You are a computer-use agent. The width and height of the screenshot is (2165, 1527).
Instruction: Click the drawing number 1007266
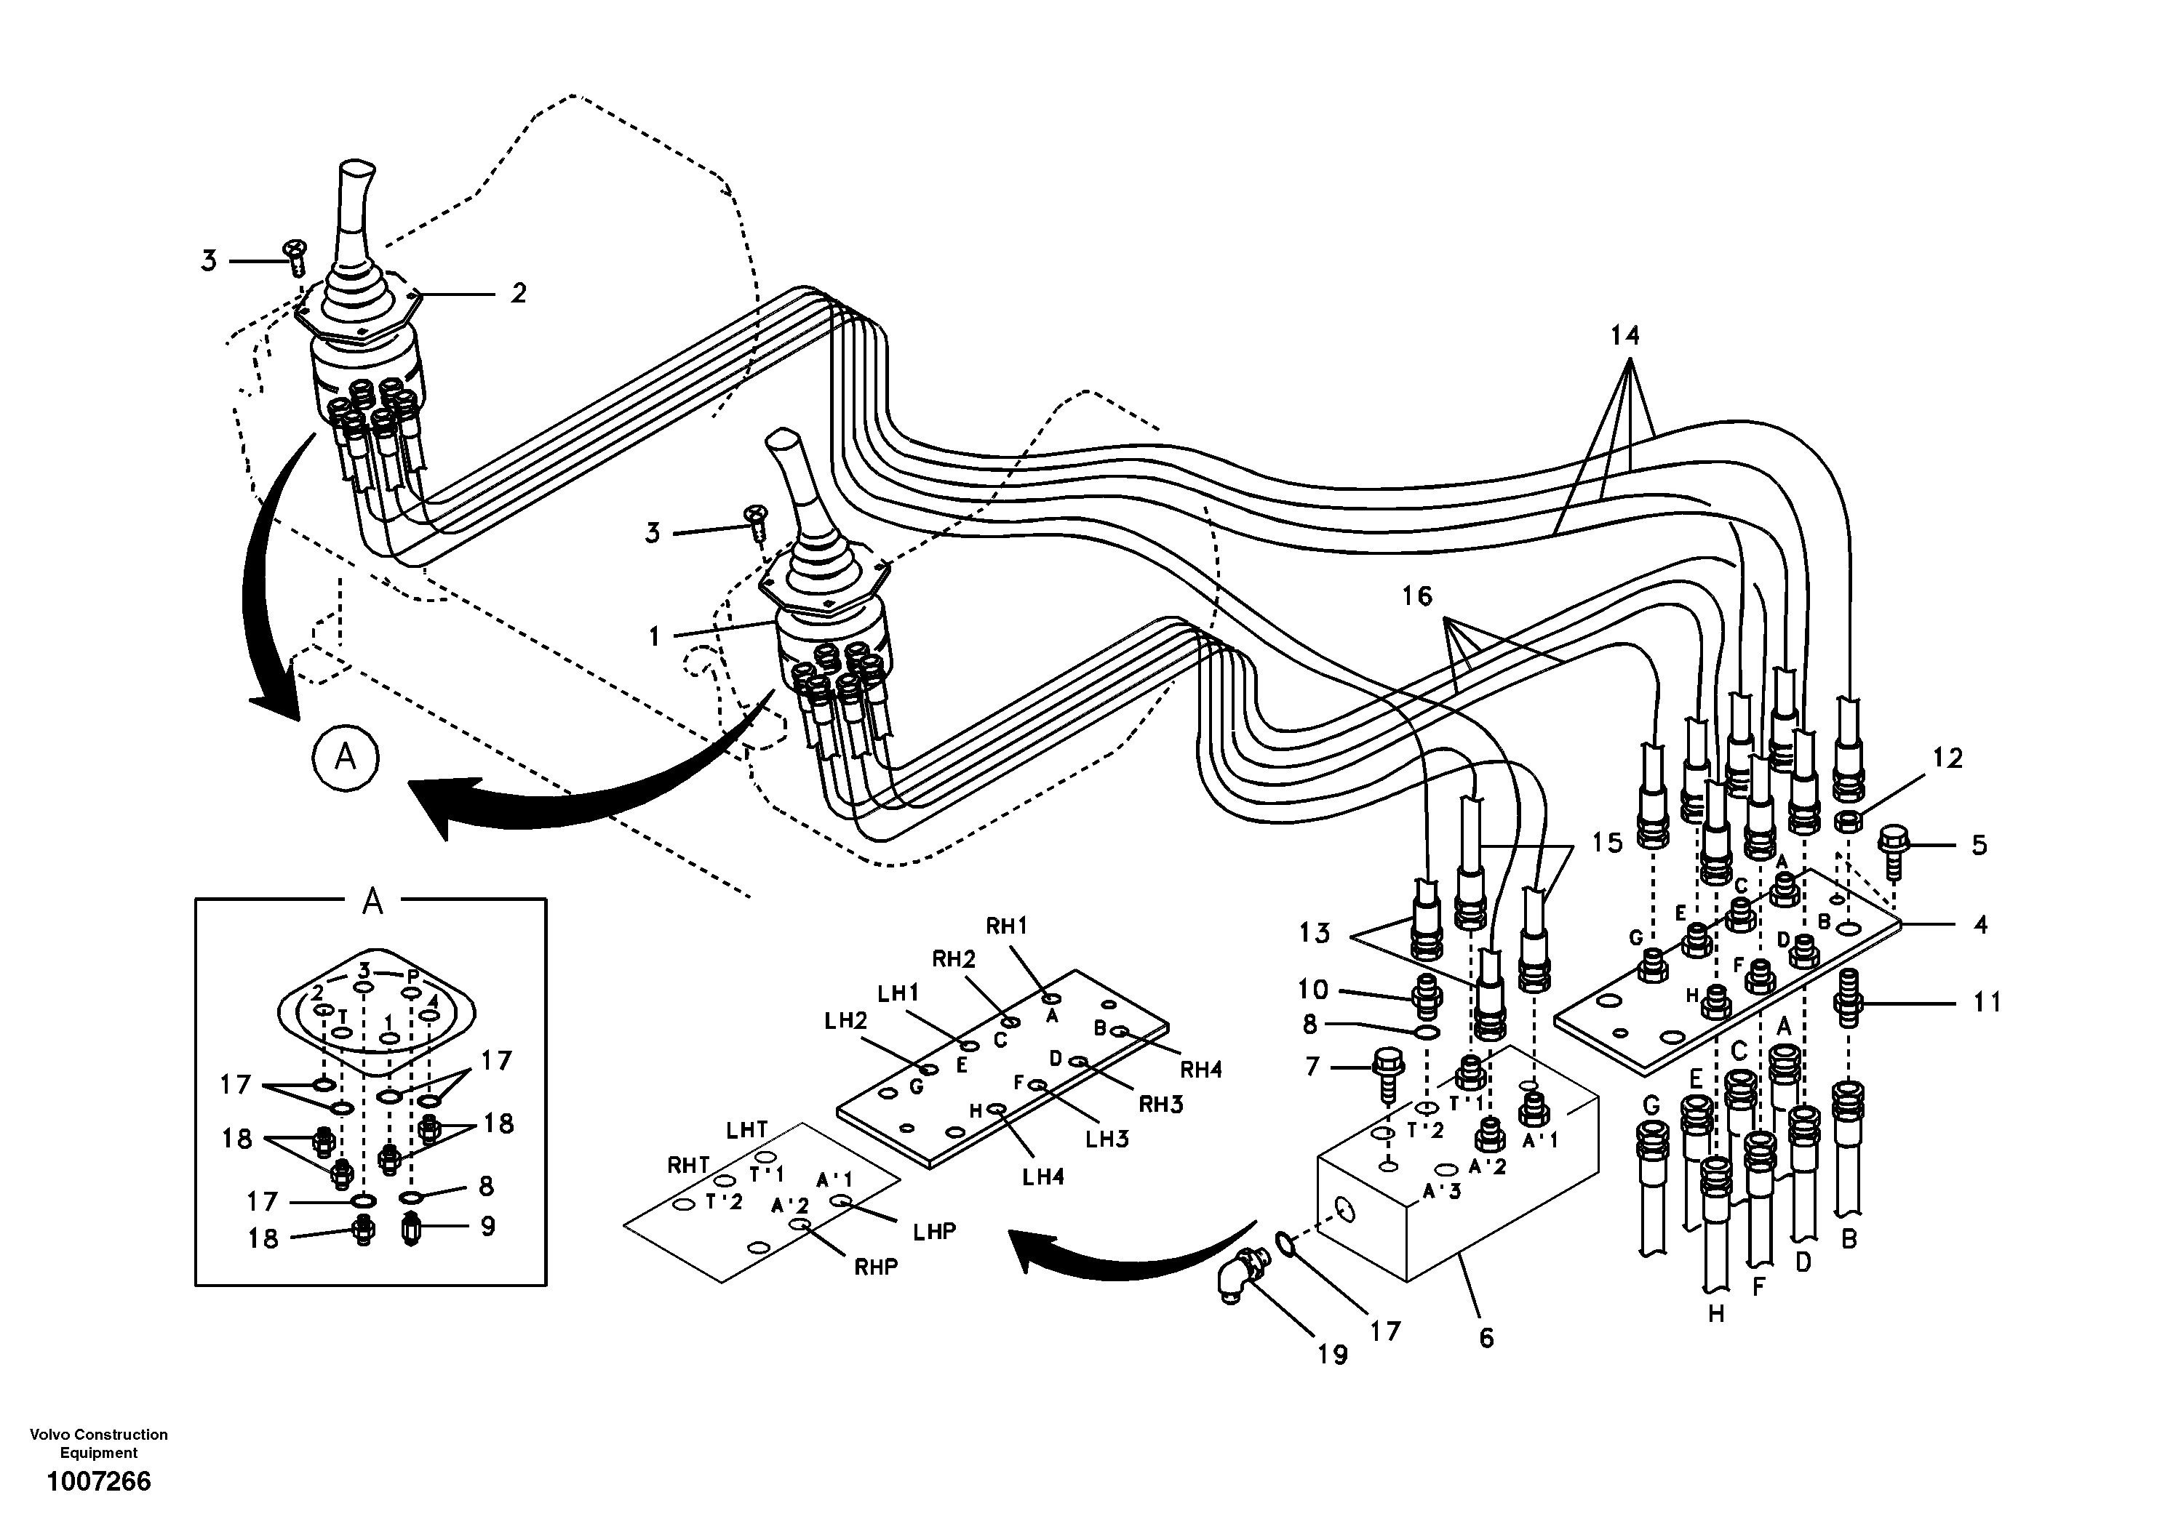(x=99, y=1482)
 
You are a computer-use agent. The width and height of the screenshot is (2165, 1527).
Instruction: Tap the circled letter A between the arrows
(x=345, y=756)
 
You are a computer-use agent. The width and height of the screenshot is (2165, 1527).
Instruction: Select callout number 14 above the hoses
(x=1624, y=334)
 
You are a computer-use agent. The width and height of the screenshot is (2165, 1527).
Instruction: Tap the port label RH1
(x=1006, y=926)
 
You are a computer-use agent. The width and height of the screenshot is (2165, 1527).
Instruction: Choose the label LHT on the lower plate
(x=747, y=1129)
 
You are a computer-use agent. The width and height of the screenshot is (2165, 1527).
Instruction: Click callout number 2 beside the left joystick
(x=519, y=293)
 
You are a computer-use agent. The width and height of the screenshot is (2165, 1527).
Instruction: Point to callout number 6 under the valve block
(x=1486, y=1337)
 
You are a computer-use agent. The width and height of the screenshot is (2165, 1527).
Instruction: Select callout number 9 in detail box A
(x=487, y=1225)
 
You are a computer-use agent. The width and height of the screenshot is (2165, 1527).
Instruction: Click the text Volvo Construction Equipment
(x=99, y=1443)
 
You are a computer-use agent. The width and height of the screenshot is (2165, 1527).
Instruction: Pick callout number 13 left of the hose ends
(x=1314, y=932)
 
